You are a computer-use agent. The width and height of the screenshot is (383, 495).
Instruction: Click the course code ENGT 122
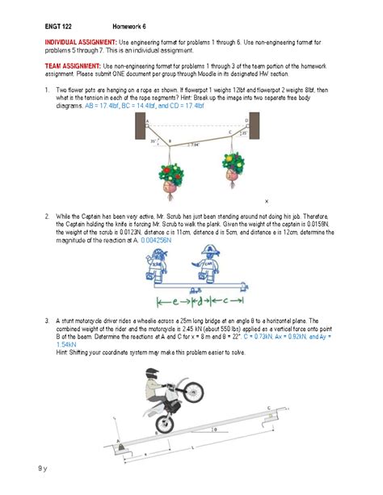tap(57, 22)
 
